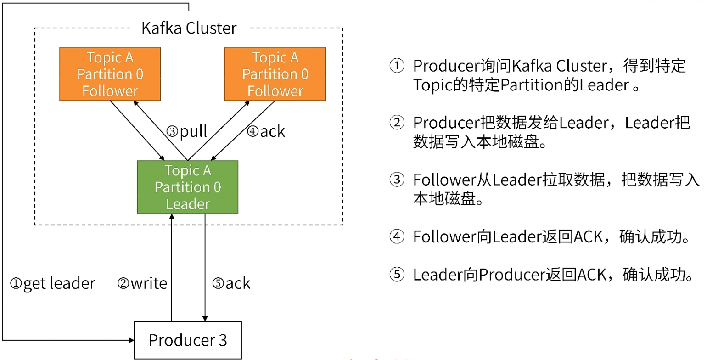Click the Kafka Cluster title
[x=189, y=28]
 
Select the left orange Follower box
[x=110, y=74]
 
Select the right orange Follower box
[x=275, y=74]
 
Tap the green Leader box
[x=187, y=187]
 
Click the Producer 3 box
[x=188, y=340]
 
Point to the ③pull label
[x=186, y=131]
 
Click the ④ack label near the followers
[x=266, y=131]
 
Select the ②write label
[x=142, y=283]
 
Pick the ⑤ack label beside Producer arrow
[x=231, y=283]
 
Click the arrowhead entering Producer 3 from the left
[x=132, y=340]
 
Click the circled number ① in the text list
[x=397, y=66]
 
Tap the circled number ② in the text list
[x=397, y=123]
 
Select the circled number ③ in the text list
[x=397, y=180]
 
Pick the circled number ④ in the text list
[x=397, y=236]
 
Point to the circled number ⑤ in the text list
[x=397, y=275]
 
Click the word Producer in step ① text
[x=446, y=66]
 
